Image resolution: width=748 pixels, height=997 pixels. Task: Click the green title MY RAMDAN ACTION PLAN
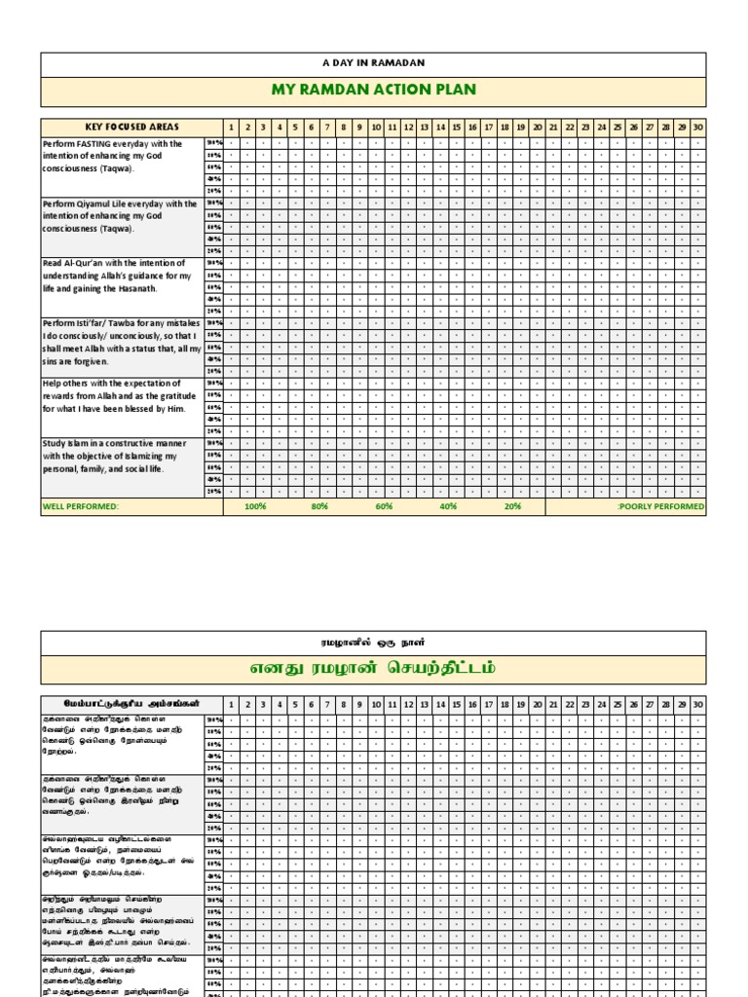pos(373,91)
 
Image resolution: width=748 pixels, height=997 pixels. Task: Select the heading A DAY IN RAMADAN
pos(373,63)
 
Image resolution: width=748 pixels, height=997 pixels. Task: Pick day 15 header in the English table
pos(456,128)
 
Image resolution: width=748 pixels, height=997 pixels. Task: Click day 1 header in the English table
pos(231,128)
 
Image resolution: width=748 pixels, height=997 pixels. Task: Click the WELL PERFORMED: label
pos(81,507)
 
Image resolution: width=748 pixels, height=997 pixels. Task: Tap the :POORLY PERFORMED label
pos(660,507)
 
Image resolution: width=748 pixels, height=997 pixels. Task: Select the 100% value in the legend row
pos(255,507)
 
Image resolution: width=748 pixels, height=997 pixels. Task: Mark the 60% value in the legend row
pos(384,507)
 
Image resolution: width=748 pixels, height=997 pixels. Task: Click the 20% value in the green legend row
pos(512,507)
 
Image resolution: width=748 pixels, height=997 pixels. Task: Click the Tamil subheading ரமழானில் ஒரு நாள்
pos(373,643)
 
